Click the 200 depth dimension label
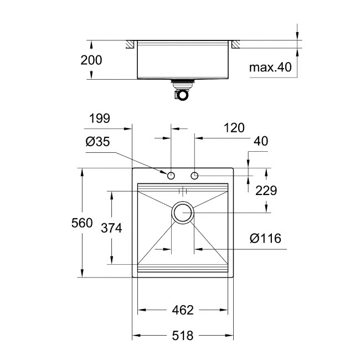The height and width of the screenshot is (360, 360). tap(91, 60)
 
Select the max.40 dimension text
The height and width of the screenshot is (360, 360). tap(270, 68)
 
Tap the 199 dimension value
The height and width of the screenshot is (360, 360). tap(100, 118)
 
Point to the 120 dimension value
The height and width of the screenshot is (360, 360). tap(234, 128)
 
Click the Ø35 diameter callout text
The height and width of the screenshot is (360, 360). tap(97, 142)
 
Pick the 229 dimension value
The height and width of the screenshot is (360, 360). tap(266, 191)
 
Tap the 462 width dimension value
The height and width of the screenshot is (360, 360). tap(182, 310)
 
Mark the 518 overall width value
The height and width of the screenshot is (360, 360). tap(182, 336)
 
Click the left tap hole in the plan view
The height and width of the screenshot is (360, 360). tap(171, 176)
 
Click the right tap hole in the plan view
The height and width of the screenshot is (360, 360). tap(194, 176)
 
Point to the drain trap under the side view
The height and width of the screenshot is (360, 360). tap(181, 92)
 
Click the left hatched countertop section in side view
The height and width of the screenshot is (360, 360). tap(131, 43)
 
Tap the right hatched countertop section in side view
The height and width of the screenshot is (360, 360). tap(234, 43)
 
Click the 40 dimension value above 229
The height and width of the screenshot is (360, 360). tap(260, 142)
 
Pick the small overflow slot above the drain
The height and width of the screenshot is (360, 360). tap(183, 191)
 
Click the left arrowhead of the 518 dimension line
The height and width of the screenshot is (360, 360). tap(135, 336)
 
